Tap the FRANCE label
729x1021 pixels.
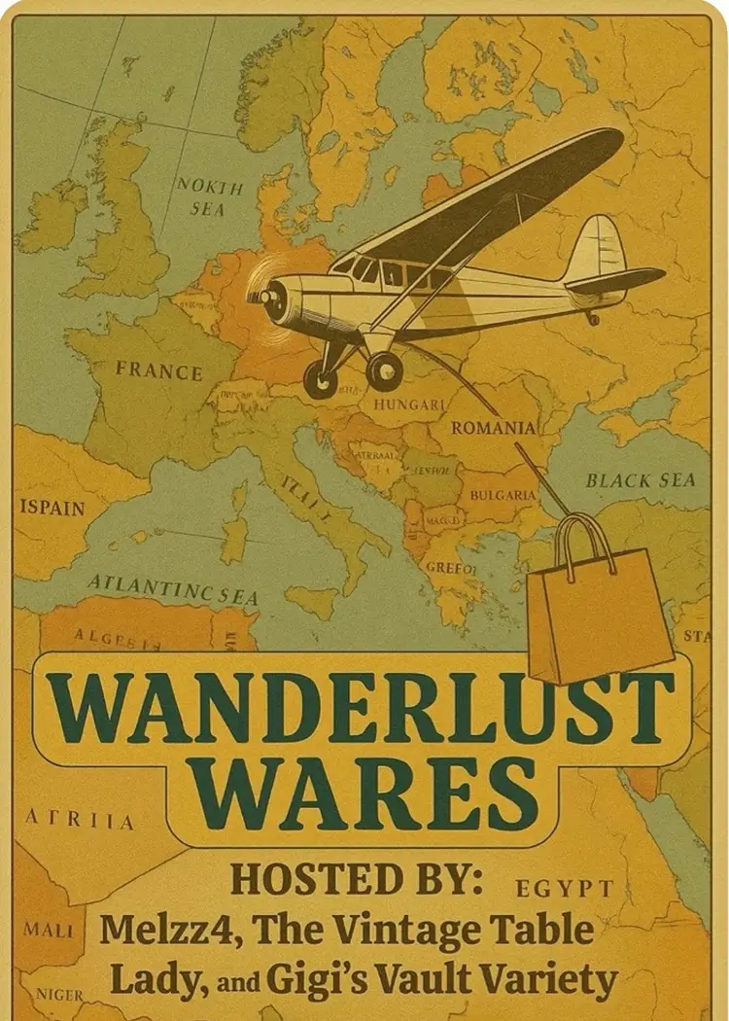(x=158, y=370)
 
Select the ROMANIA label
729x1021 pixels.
(x=493, y=427)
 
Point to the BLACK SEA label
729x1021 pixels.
(x=641, y=480)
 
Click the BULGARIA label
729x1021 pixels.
(x=503, y=495)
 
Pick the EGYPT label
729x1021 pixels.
(x=565, y=888)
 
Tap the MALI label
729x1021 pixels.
(x=49, y=931)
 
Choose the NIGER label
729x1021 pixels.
(x=59, y=995)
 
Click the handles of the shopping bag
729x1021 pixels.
(x=586, y=542)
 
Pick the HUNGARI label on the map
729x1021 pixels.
(x=416, y=403)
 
